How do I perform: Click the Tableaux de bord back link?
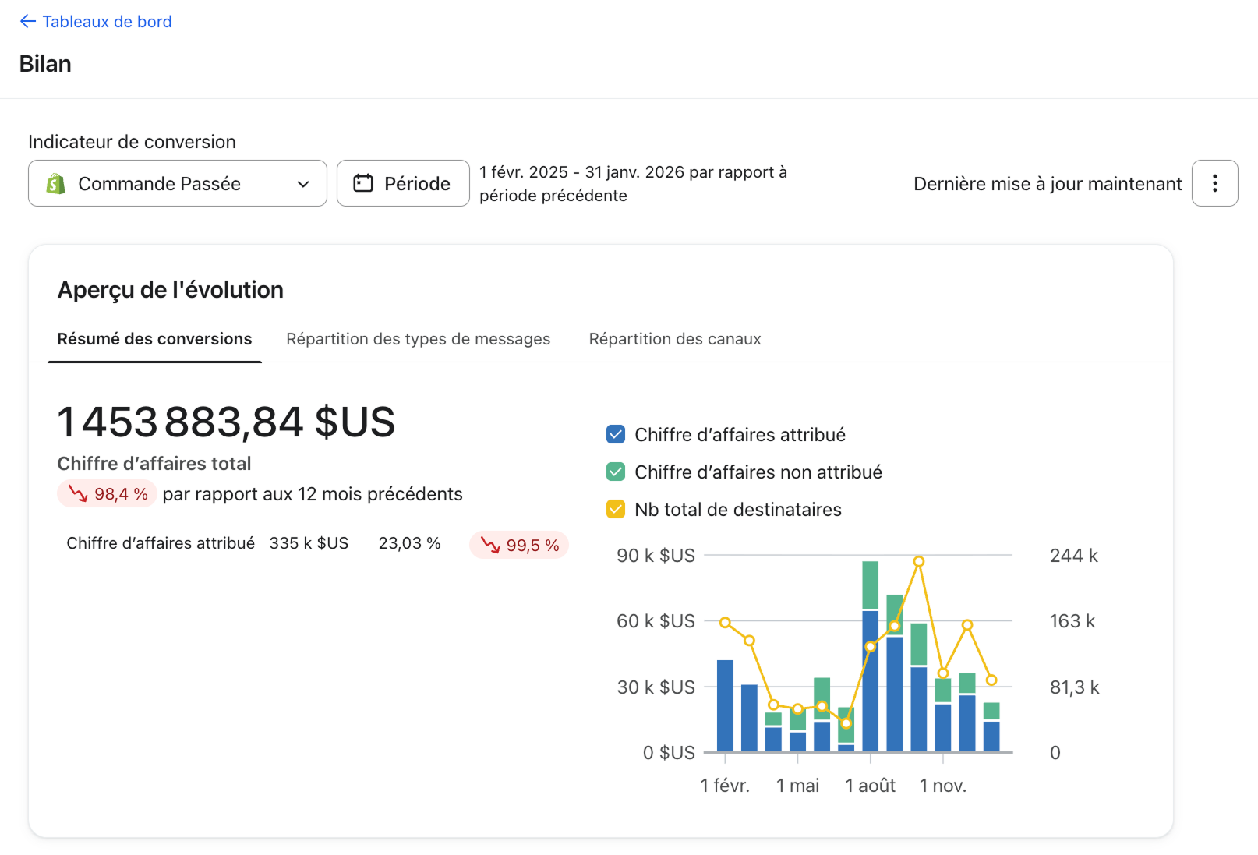pos(96,21)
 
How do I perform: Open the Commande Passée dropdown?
pos(178,183)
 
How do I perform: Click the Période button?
pos(403,183)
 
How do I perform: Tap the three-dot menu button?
pos(1215,183)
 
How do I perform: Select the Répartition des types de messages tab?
pos(418,339)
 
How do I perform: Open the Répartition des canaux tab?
pos(674,339)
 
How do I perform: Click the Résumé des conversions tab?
pos(154,339)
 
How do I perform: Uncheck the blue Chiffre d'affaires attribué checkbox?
pos(616,434)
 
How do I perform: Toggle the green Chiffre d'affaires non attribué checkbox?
pos(616,472)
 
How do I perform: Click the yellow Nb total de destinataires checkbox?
pos(616,509)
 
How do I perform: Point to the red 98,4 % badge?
pos(107,494)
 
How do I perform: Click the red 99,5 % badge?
pos(519,545)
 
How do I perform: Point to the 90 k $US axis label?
pos(656,556)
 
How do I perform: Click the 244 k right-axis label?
pos(1074,556)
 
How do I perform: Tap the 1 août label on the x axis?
pos(870,786)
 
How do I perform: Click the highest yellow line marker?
pos(919,561)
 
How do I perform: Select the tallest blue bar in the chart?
pos(870,681)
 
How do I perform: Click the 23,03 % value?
pos(409,543)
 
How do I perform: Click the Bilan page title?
pos(45,63)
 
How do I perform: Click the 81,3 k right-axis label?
pos(1074,687)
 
